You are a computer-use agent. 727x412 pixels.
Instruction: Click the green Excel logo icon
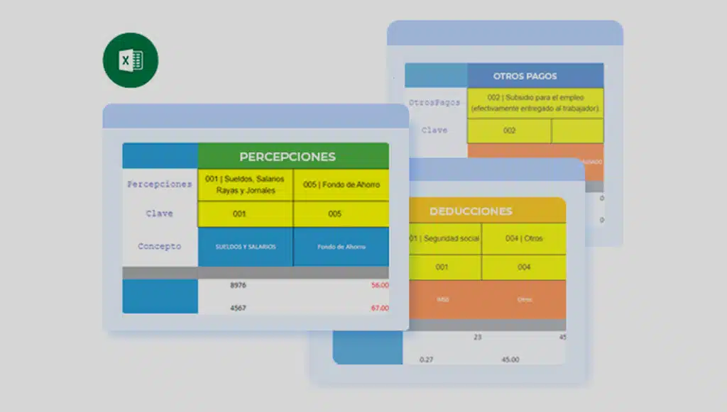pyautogui.click(x=131, y=60)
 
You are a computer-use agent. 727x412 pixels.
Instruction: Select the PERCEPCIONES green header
pyautogui.click(x=293, y=156)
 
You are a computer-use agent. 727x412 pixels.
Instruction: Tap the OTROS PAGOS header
pyautogui.click(x=525, y=76)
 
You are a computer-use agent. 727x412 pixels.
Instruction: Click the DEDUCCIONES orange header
pyautogui.click(x=470, y=211)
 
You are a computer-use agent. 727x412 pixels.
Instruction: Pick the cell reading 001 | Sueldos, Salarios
pyautogui.click(x=245, y=184)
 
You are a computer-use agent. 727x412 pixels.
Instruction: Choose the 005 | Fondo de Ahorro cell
pyautogui.click(x=341, y=184)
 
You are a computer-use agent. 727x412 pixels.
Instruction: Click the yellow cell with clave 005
pyautogui.click(x=334, y=213)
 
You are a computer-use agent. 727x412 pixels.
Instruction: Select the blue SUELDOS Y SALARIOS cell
pyautogui.click(x=245, y=247)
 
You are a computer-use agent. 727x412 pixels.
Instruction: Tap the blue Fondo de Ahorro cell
pyautogui.click(x=341, y=247)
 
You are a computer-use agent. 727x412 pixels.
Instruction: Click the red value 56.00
pyautogui.click(x=379, y=285)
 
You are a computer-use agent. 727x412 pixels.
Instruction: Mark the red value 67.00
pyautogui.click(x=379, y=308)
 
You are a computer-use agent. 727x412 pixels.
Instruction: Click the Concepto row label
pyautogui.click(x=159, y=247)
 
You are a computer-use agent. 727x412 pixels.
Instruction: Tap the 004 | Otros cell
pyautogui.click(x=524, y=238)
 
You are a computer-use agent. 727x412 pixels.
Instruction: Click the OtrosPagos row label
pyautogui.click(x=434, y=103)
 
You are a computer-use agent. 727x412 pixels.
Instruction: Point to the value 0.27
pyautogui.click(x=427, y=360)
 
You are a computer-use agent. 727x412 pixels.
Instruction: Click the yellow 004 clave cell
pyautogui.click(x=524, y=267)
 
